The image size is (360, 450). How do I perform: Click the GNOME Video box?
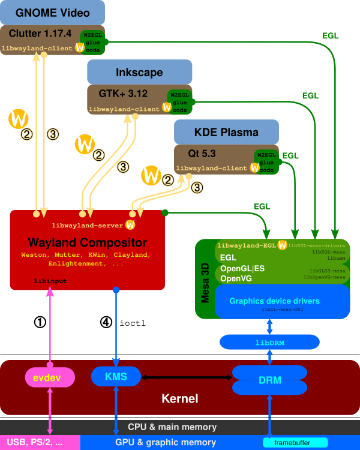pyautogui.click(x=53, y=13)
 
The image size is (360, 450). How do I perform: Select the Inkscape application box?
pyautogui.click(x=139, y=72)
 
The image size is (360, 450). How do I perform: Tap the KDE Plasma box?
pyautogui.click(x=226, y=132)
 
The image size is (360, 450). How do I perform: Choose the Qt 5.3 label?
pyautogui.click(x=206, y=154)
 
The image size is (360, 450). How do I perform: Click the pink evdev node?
pyautogui.click(x=50, y=377)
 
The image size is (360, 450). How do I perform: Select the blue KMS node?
pyautogui.click(x=116, y=376)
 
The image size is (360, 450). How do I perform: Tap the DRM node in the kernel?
pyautogui.click(x=269, y=380)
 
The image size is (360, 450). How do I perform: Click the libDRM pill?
pyautogui.click(x=269, y=342)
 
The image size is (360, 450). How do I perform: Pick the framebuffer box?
pyautogui.click(x=295, y=443)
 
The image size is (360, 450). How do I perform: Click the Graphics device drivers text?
pyautogui.click(x=274, y=301)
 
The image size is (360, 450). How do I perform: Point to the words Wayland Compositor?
pyautogui.click(x=87, y=243)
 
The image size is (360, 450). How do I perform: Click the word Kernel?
pyautogui.click(x=179, y=398)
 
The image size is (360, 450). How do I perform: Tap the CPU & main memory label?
pyautogui.click(x=172, y=427)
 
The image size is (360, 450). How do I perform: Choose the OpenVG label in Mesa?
pyautogui.click(x=236, y=278)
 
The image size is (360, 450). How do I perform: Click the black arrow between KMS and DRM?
pyautogui.click(x=187, y=377)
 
